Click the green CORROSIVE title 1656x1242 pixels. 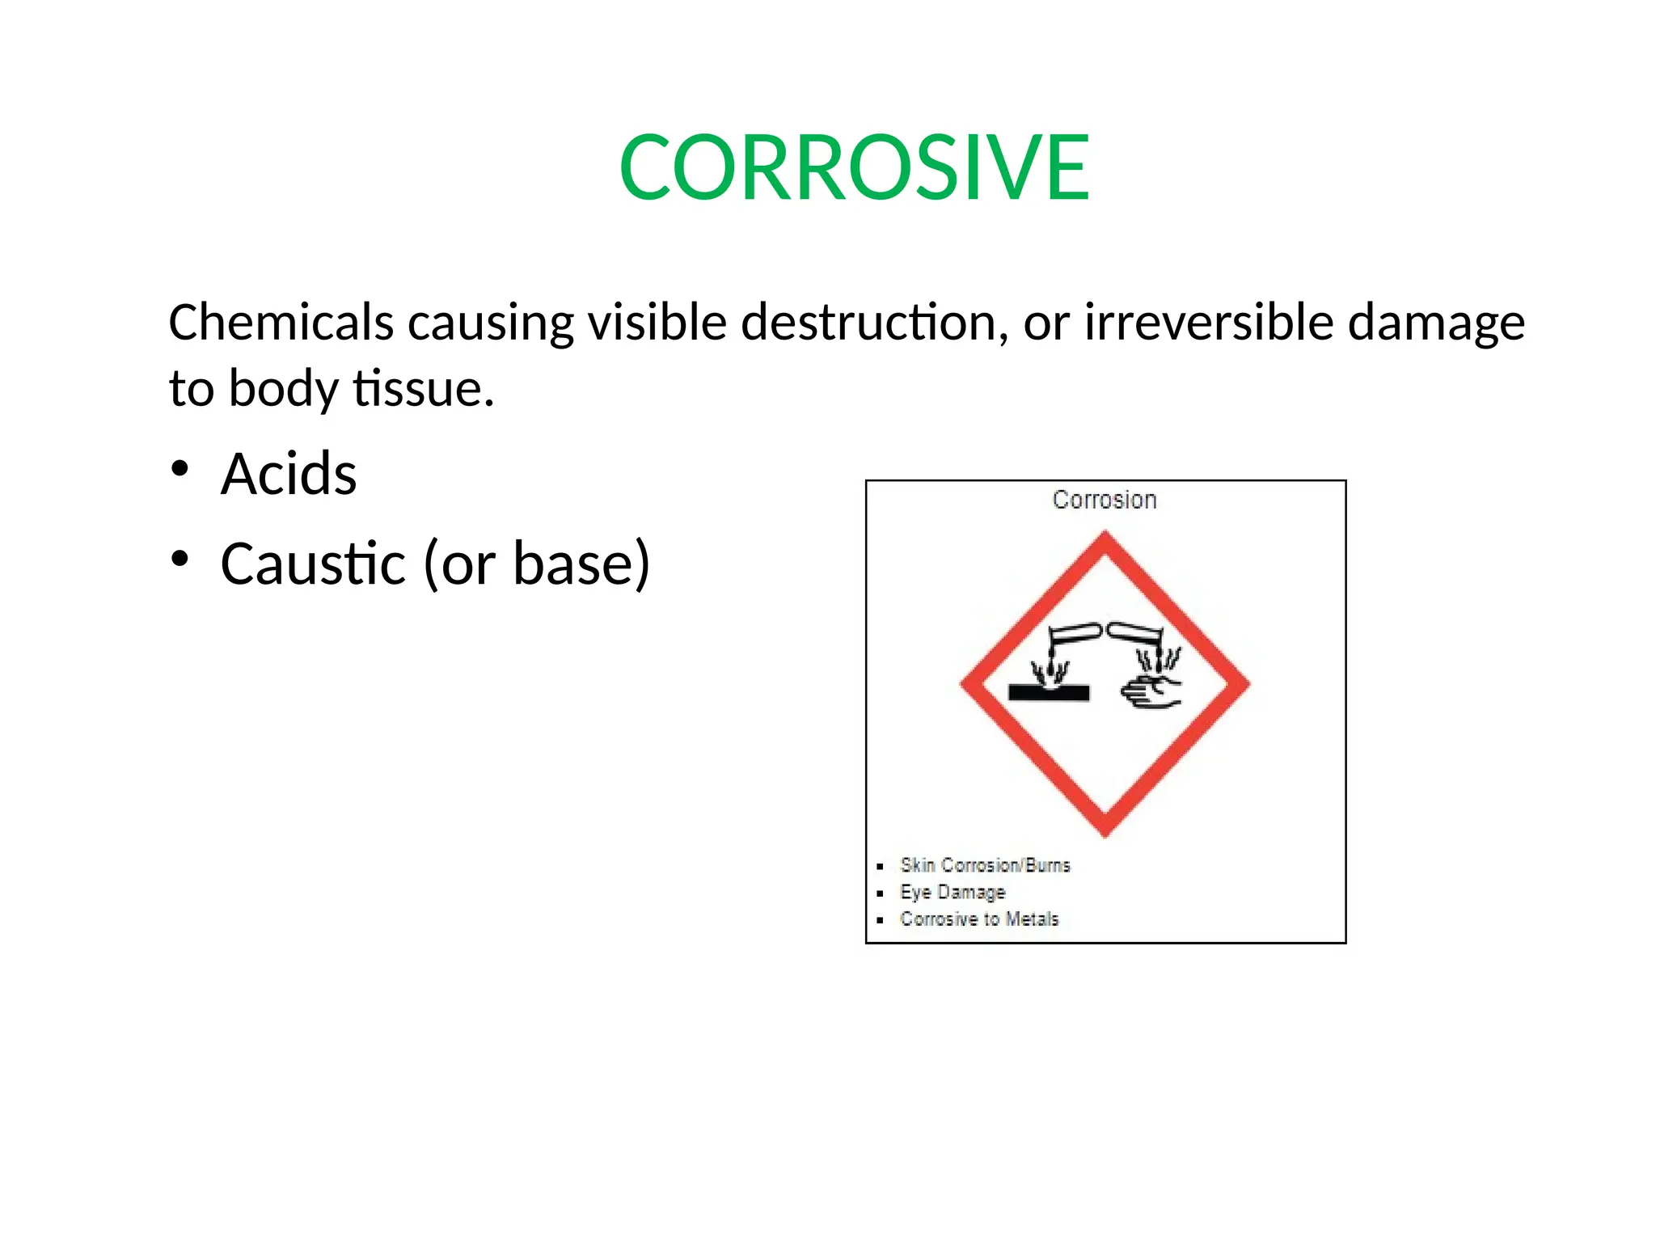[854, 167]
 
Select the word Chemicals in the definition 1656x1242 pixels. [281, 322]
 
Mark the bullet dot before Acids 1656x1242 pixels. [180, 469]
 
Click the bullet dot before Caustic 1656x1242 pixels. [180, 559]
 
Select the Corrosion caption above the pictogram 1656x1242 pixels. [1105, 500]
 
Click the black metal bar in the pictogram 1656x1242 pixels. [1049, 693]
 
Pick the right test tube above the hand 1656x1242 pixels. [1134, 633]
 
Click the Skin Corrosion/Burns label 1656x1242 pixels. [985, 865]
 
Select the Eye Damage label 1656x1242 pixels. [953, 892]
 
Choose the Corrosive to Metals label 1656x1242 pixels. [979, 919]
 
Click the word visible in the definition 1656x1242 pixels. [657, 322]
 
